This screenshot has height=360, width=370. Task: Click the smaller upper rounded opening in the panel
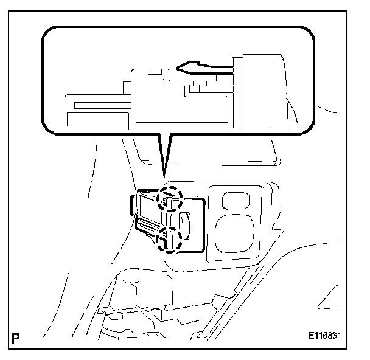pyautogui.click(x=234, y=200)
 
